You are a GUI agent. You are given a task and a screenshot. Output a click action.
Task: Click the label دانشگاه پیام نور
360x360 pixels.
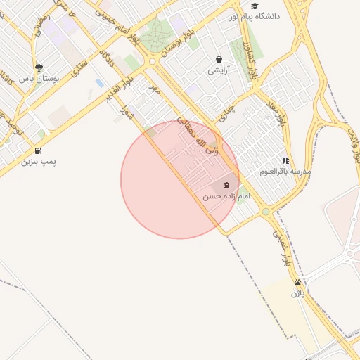(260, 15)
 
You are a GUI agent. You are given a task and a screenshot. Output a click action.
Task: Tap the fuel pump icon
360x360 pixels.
(37, 150)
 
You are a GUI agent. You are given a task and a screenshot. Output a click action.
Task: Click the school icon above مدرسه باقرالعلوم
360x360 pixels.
(285, 160)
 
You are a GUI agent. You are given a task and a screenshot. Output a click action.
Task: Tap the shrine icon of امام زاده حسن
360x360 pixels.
(226, 186)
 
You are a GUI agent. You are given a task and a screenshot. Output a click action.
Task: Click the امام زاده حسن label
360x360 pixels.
(226, 197)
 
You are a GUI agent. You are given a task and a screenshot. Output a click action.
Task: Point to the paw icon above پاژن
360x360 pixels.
(298, 282)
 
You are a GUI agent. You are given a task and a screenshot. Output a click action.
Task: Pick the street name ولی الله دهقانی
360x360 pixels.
(200, 138)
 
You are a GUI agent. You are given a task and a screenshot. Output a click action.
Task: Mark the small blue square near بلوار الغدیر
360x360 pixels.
(99, 83)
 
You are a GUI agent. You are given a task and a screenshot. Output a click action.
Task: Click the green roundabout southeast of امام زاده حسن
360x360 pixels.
(266, 211)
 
